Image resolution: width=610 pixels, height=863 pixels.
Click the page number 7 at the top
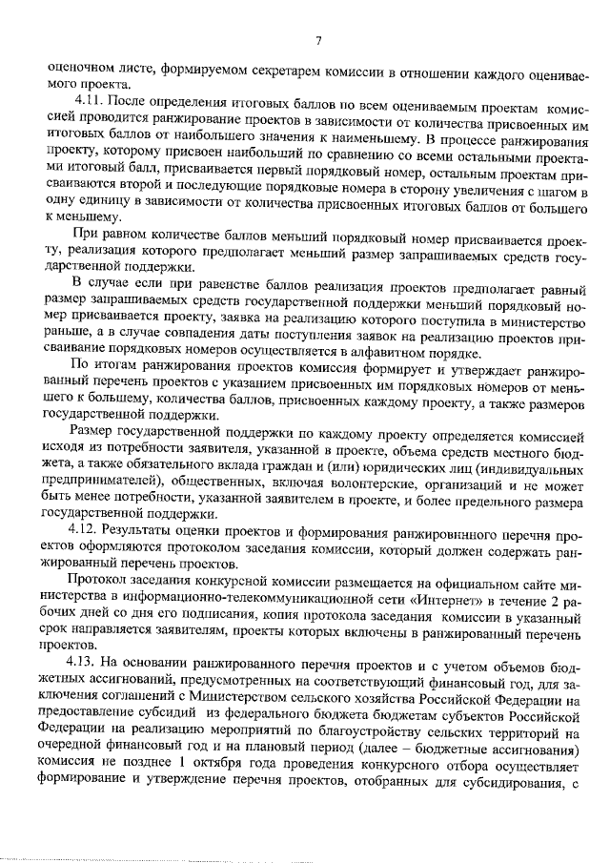coord(318,39)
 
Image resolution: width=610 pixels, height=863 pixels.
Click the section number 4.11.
coord(90,99)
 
